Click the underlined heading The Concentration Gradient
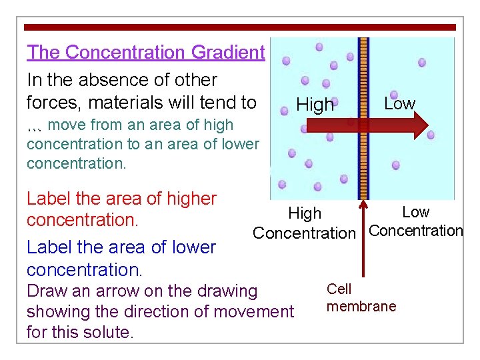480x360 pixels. (x=145, y=52)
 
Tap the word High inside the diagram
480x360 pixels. (x=315, y=105)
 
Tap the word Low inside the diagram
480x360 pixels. (x=399, y=103)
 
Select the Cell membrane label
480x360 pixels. (x=361, y=297)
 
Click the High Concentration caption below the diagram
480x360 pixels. (x=305, y=223)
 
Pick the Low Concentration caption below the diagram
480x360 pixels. (x=415, y=222)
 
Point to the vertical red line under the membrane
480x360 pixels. (x=363, y=240)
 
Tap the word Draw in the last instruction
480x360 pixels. (x=45, y=291)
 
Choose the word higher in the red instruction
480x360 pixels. (x=187, y=199)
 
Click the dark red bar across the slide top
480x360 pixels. (x=240, y=27)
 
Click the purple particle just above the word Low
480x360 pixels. (x=394, y=95)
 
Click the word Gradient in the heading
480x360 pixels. (x=228, y=52)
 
